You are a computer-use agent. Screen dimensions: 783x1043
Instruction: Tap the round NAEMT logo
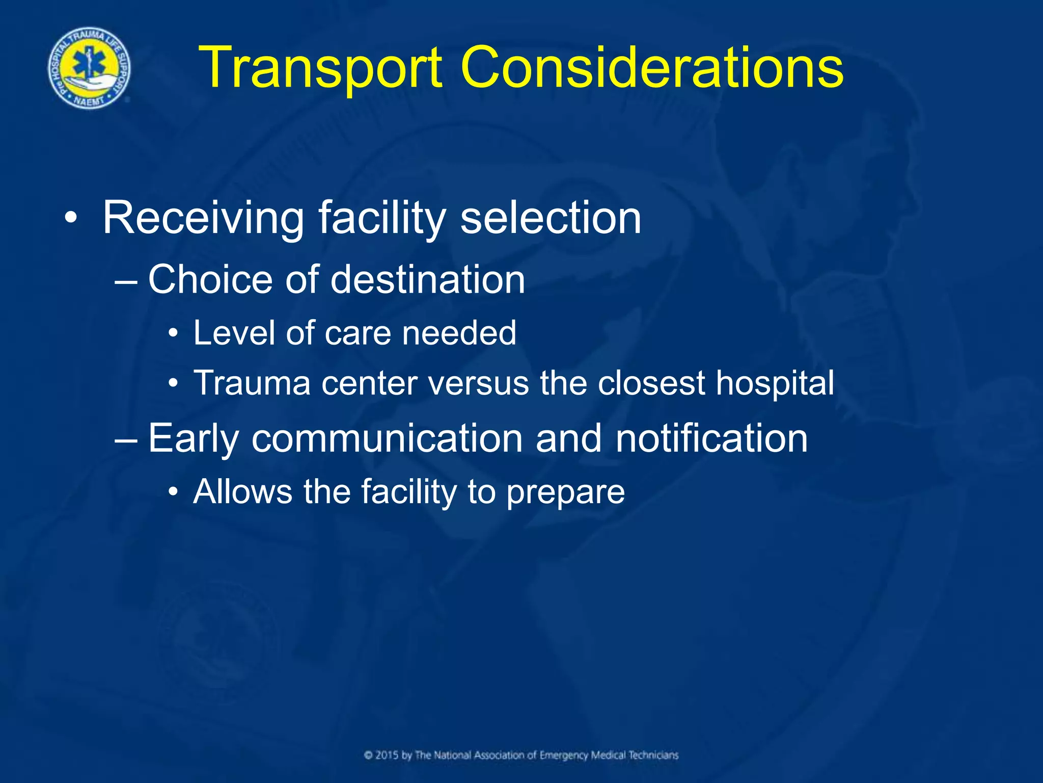89,68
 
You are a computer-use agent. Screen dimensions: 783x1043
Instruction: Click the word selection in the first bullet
551,218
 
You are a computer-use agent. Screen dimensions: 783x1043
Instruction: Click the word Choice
210,280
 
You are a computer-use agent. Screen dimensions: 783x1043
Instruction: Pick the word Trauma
252,383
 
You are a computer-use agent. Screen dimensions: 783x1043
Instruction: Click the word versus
479,383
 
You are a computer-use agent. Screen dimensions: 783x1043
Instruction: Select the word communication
387,438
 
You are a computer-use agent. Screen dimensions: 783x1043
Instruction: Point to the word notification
711,438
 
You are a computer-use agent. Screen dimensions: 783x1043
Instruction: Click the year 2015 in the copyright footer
387,755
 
